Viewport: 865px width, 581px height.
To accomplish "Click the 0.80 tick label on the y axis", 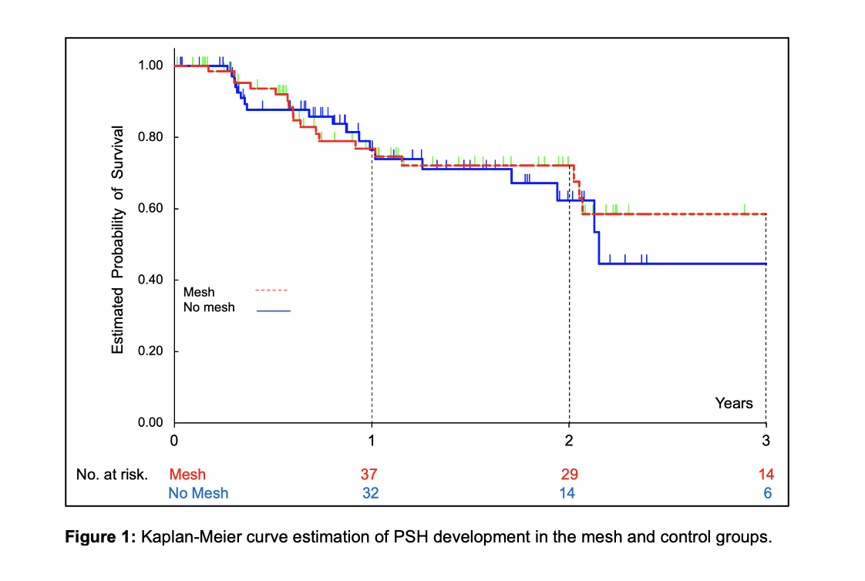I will (x=150, y=137).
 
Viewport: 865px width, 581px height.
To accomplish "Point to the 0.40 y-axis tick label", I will (x=150, y=280).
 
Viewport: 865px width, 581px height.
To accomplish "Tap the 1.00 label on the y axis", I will (x=150, y=65).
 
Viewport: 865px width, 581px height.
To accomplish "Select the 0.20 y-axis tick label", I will (x=150, y=351).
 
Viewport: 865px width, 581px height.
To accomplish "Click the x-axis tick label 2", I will (x=569, y=441).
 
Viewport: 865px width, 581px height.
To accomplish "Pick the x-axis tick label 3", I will (x=766, y=441).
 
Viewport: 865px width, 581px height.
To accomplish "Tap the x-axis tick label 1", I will (x=372, y=441).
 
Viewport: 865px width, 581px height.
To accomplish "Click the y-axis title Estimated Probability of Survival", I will (x=117, y=240).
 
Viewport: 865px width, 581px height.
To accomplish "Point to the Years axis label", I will (x=734, y=403).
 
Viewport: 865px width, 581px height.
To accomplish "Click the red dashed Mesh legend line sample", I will (x=271, y=291).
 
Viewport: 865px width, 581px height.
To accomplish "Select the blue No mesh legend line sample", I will (x=274, y=310).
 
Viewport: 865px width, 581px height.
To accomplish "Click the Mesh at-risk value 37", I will (x=371, y=474).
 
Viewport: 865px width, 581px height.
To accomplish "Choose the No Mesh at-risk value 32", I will (x=371, y=493).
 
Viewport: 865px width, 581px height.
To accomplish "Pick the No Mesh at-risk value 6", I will (x=768, y=493).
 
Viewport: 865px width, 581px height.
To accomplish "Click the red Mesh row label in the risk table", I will (x=187, y=475).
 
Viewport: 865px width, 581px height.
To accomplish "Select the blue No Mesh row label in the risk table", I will (x=198, y=493).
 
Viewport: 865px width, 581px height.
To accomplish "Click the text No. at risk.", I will (x=112, y=475).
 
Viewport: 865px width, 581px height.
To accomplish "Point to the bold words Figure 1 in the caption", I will (x=99, y=537).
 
